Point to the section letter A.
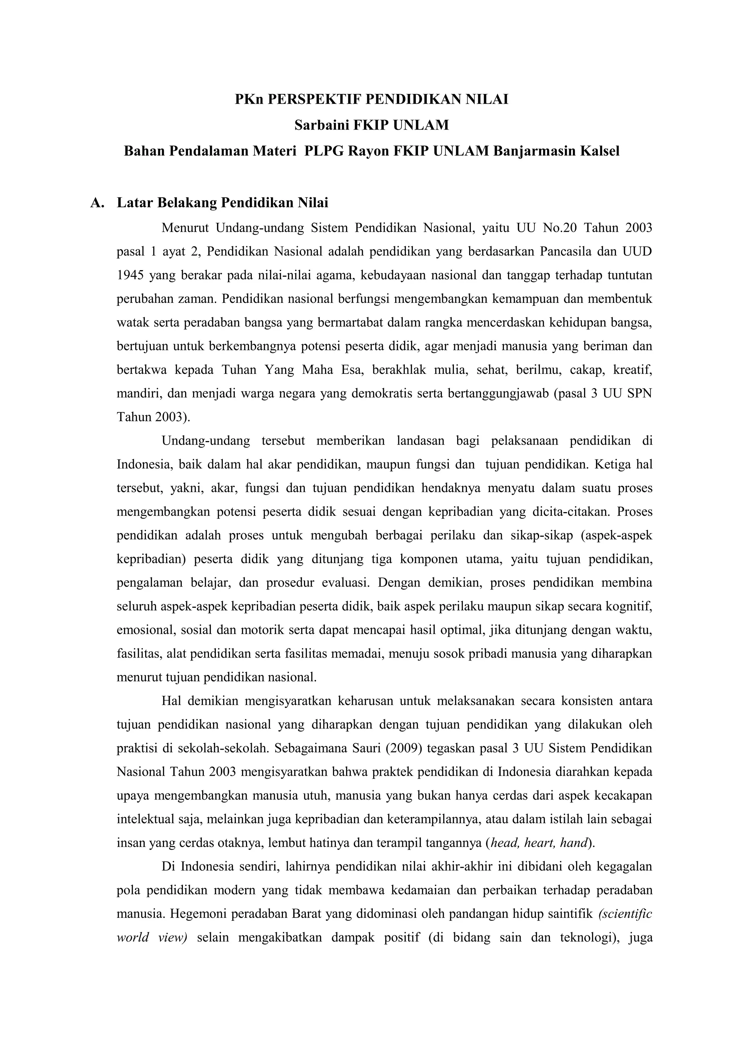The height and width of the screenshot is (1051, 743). click(x=96, y=203)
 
